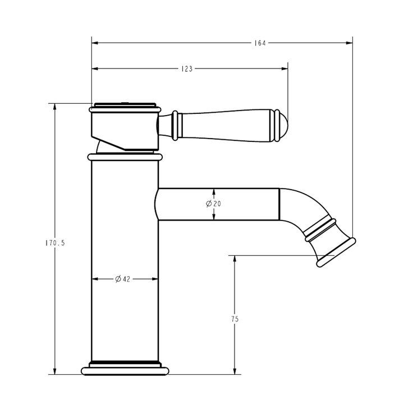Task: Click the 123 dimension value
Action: coord(187,69)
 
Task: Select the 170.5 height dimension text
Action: coord(55,243)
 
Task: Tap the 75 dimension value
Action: coord(235,319)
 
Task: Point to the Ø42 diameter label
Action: coord(122,279)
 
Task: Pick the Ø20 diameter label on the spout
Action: coord(213,204)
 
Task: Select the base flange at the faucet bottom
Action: coord(125,370)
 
